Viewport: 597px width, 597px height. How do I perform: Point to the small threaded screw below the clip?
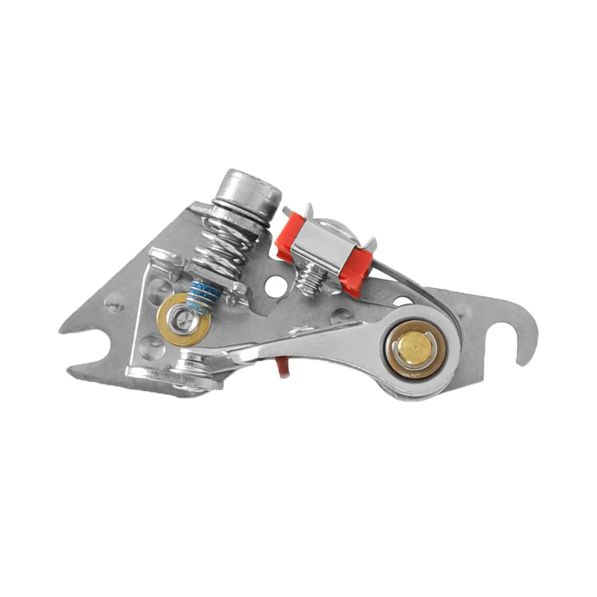(309, 282)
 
